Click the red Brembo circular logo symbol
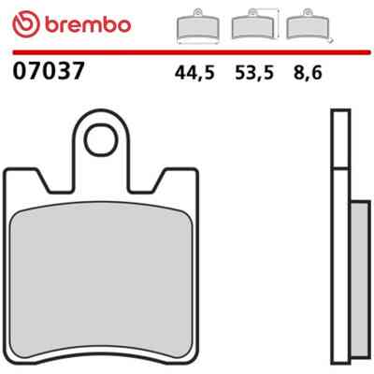click(x=26, y=24)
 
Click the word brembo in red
click(x=88, y=24)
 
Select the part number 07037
click(x=49, y=70)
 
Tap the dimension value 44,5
click(x=194, y=73)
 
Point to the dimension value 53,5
click(x=254, y=73)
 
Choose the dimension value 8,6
click(x=308, y=73)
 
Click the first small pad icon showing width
click(x=198, y=26)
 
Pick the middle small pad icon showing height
click(x=253, y=25)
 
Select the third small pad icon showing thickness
click(x=309, y=25)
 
